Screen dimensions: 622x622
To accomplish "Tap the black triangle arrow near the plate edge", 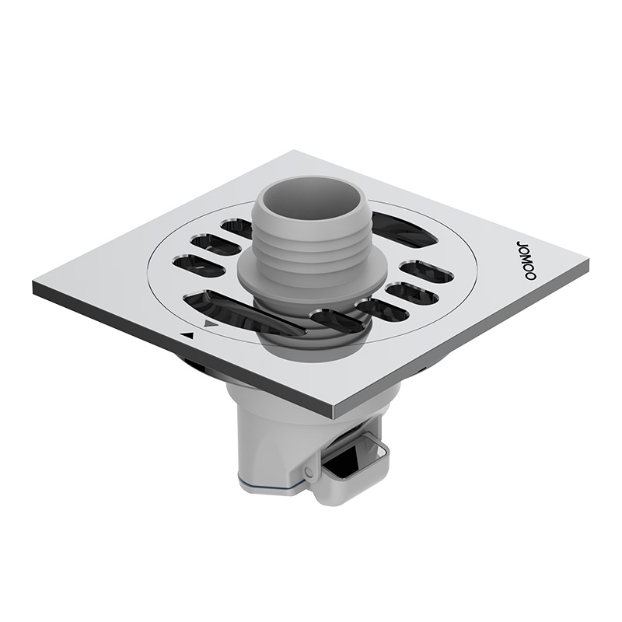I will coord(187,335).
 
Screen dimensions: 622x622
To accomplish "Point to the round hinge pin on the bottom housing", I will coord(309,472).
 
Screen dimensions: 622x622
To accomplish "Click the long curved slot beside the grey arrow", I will coord(233,309).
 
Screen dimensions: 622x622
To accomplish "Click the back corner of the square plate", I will coord(295,152).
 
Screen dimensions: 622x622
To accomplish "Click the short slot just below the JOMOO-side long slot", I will coord(426,271).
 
